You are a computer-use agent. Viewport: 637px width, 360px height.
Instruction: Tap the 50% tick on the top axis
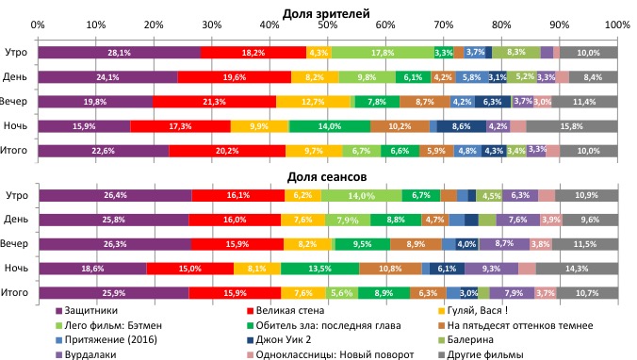tap(327, 24)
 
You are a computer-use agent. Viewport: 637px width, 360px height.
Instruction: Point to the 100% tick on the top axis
tap(617, 24)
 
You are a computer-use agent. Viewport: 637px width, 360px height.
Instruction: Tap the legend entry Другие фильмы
tap(489, 353)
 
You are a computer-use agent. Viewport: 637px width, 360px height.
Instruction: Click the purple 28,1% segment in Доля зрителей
tap(119, 53)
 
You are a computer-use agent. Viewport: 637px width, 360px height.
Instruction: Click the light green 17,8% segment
tap(382, 53)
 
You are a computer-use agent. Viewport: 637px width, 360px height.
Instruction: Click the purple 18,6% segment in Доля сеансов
tap(91, 269)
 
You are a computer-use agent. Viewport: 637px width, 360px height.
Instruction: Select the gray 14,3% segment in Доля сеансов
tap(576, 269)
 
